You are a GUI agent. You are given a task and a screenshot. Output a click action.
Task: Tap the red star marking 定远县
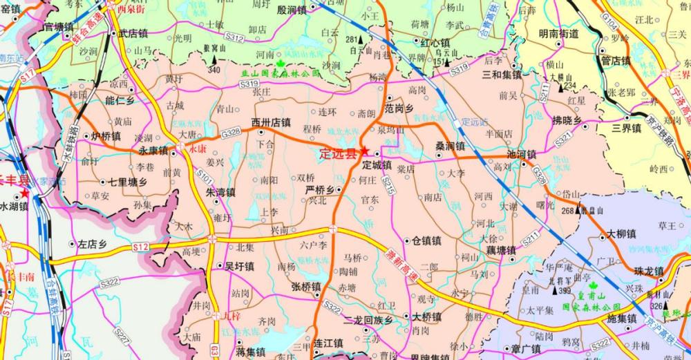click(x=364, y=152)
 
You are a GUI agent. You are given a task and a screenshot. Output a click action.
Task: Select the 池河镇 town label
click(x=522, y=154)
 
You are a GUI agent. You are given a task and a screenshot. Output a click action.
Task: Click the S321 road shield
click(x=564, y=139)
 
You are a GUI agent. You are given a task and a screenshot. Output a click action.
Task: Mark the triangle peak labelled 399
click(x=556, y=291)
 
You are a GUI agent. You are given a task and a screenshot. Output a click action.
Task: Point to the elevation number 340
click(x=214, y=70)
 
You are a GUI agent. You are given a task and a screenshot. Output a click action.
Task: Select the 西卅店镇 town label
click(x=271, y=122)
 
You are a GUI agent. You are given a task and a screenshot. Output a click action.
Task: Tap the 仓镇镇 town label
click(x=426, y=241)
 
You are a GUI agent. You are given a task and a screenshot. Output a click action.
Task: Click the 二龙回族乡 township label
click(x=368, y=320)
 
